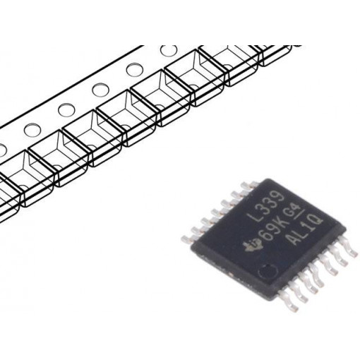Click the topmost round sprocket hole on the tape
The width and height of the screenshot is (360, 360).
click(x=169, y=51)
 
